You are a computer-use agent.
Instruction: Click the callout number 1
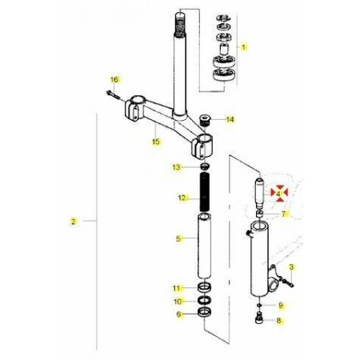click(243, 47)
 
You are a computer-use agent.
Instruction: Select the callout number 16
click(114, 79)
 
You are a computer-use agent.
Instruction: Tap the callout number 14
click(230, 119)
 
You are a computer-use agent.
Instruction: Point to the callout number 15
click(156, 142)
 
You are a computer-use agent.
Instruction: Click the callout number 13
click(177, 167)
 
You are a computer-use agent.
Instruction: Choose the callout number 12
click(182, 198)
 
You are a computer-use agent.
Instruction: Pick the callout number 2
click(74, 222)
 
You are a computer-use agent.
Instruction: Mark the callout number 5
click(178, 238)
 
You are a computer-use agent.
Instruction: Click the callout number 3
click(291, 266)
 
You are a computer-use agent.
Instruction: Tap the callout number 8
click(278, 320)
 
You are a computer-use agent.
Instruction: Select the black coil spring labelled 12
click(204, 192)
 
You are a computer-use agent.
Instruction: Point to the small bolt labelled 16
click(113, 94)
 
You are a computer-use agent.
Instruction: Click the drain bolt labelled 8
click(259, 318)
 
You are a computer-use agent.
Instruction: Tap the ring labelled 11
click(205, 287)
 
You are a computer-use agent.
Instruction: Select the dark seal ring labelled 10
click(205, 300)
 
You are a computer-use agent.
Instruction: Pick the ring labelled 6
click(205, 312)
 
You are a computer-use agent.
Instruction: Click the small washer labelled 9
click(259, 305)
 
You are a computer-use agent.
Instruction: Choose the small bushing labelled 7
click(260, 214)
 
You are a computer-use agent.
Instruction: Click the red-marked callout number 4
click(278, 194)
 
